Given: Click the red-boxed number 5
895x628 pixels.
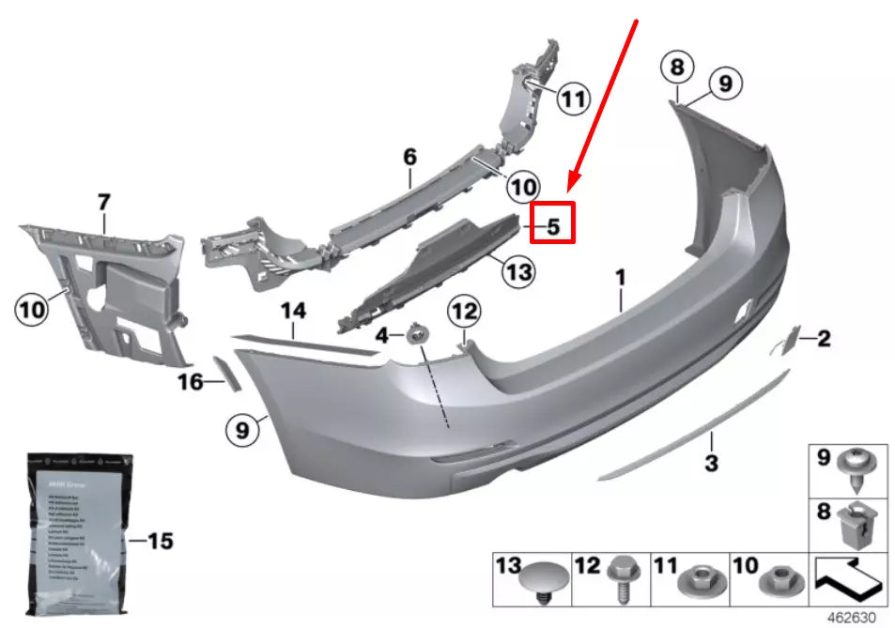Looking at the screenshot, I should pyautogui.click(x=552, y=225).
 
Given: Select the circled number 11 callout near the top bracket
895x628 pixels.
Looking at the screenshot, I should pyautogui.click(x=572, y=97).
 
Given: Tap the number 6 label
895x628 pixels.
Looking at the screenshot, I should pyautogui.click(x=409, y=158).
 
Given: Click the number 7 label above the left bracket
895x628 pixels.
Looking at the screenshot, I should pyautogui.click(x=103, y=202).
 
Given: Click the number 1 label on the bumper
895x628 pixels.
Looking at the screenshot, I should pyautogui.click(x=620, y=278).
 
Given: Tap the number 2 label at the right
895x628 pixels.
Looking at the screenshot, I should pyautogui.click(x=823, y=339).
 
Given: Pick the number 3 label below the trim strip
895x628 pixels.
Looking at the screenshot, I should pyautogui.click(x=711, y=462).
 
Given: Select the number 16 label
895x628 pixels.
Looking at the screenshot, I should pyautogui.click(x=191, y=381).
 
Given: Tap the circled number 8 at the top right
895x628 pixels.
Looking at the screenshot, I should pyautogui.click(x=677, y=67).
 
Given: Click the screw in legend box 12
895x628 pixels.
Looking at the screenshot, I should pyautogui.click(x=623, y=579).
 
